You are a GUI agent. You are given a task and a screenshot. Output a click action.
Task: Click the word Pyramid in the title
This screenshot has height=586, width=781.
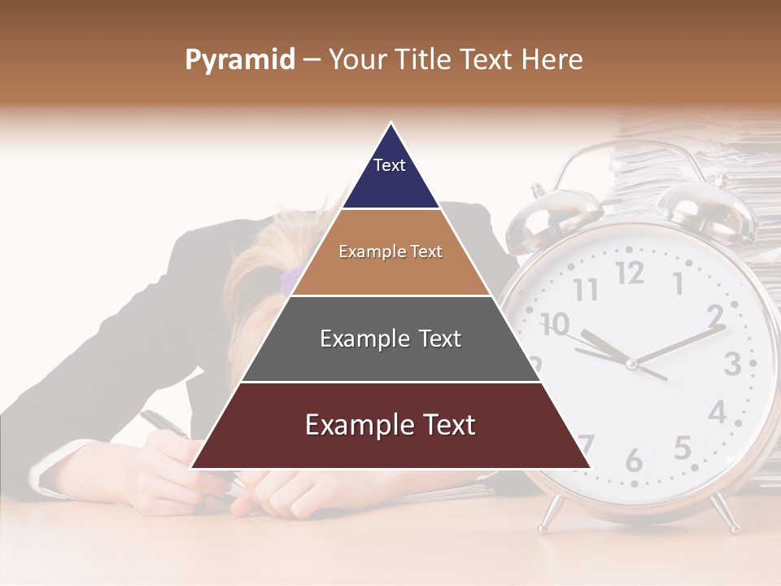[x=239, y=60]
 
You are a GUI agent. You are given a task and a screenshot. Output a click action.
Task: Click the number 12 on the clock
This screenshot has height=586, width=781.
[x=629, y=273]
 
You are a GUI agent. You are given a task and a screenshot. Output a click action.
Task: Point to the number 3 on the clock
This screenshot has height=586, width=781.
[x=732, y=363]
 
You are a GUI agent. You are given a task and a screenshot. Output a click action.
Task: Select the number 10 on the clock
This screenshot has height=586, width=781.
[x=555, y=324]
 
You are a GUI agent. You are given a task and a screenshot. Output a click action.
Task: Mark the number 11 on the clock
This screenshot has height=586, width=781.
[x=585, y=289]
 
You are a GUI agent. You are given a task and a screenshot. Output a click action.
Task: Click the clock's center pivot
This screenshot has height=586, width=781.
[x=631, y=364]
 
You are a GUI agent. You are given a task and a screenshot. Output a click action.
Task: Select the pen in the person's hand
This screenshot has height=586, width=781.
[x=163, y=423]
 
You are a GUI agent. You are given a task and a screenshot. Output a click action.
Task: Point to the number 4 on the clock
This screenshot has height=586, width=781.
[x=717, y=413]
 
